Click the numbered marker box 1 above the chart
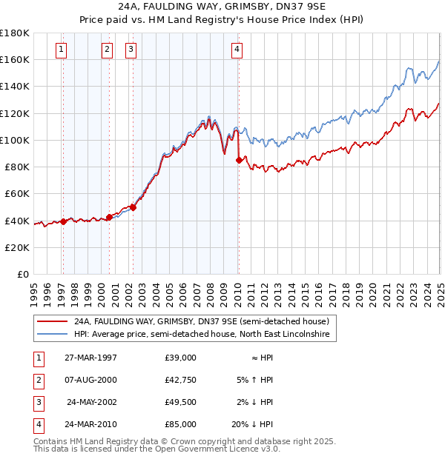coord(61,50)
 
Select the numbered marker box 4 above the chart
coord(237,50)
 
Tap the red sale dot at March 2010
coord(238,159)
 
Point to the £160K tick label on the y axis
coord(16,59)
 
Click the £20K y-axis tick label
coord(19,247)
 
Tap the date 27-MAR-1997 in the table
coord(85,358)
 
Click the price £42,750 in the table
coord(180,380)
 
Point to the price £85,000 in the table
coord(180,424)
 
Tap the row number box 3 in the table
coord(37,402)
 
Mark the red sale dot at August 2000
coord(109,217)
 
